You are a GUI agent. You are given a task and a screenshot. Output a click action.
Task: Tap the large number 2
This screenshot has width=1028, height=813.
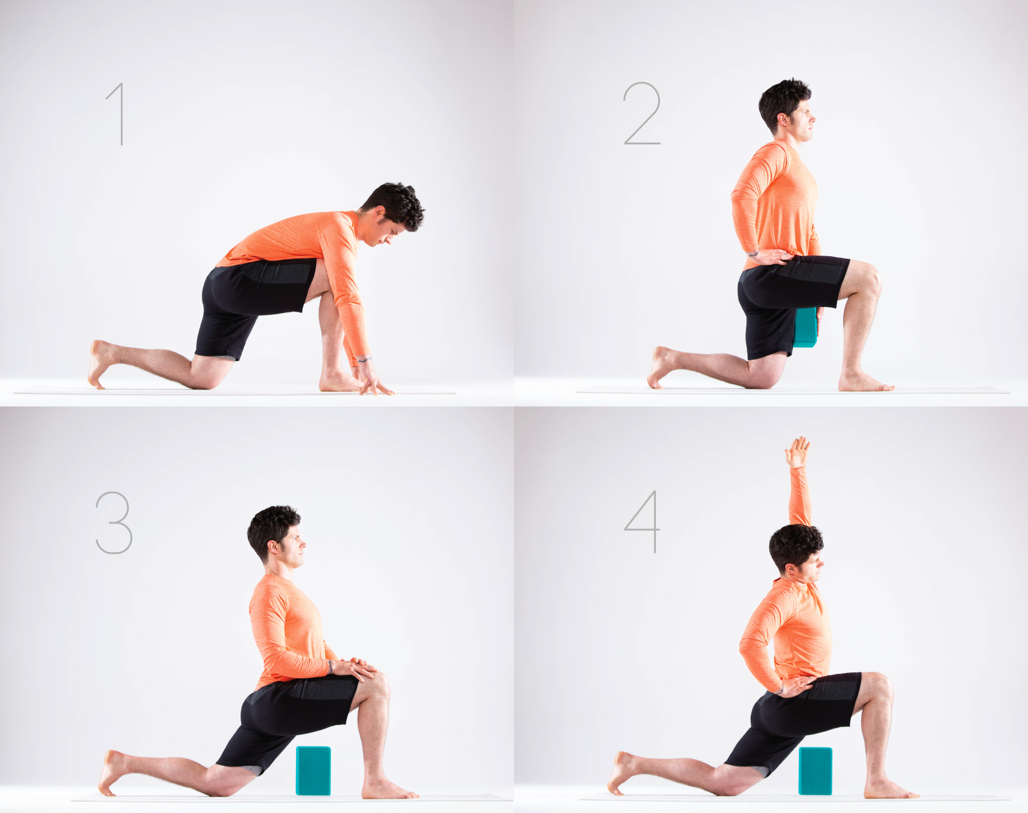point(642,113)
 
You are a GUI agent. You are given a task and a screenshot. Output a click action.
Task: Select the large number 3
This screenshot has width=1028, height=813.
point(114,523)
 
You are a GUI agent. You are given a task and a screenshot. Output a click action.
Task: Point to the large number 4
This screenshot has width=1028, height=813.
point(642,521)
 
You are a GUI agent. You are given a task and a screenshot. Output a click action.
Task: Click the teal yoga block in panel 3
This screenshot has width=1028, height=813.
point(313,771)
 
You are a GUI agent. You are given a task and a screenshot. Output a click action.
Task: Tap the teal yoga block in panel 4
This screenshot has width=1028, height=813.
point(815,771)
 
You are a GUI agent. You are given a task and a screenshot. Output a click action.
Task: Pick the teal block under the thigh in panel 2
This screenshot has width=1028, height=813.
point(805,327)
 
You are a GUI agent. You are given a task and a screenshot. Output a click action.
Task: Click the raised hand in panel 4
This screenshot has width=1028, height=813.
point(797,452)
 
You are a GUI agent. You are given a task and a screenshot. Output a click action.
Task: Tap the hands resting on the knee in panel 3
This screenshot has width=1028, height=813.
point(356,669)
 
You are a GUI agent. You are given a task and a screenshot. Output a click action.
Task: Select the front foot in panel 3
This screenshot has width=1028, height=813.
point(389,789)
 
